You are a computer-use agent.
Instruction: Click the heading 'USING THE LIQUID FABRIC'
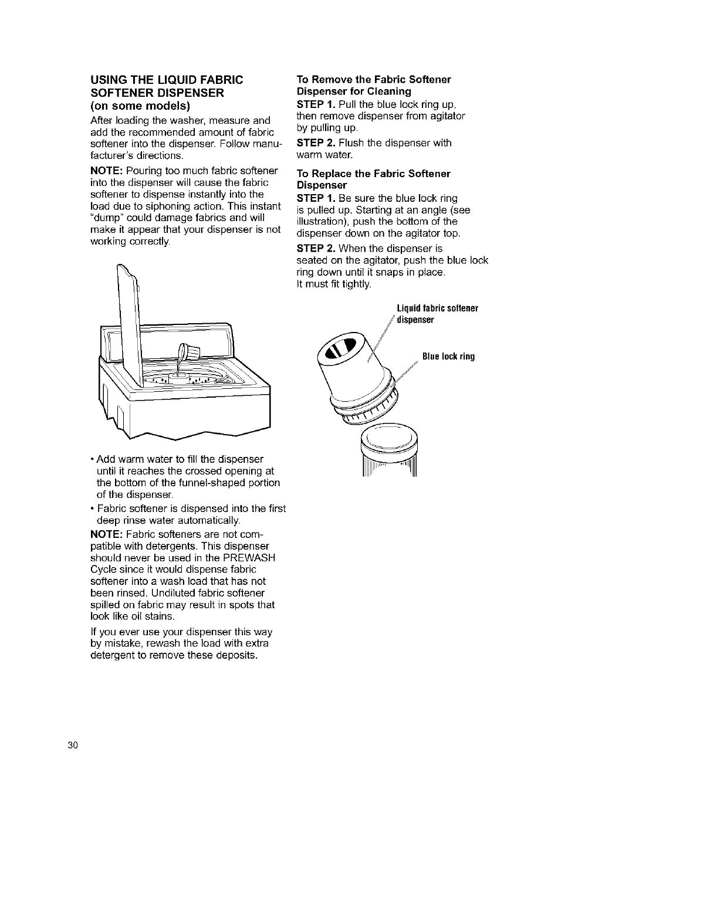(x=166, y=80)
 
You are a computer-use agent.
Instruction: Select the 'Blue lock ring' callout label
(x=448, y=357)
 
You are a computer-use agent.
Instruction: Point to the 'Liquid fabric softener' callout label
(x=437, y=309)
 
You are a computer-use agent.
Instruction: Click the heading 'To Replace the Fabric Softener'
(x=373, y=174)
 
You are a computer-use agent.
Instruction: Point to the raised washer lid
(x=130, y=328)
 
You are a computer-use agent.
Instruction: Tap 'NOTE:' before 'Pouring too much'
(x=106, y=171)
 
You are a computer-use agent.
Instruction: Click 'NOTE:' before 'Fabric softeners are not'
(x=106, y=534)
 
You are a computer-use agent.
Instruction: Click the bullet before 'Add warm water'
(x=93, y=459)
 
